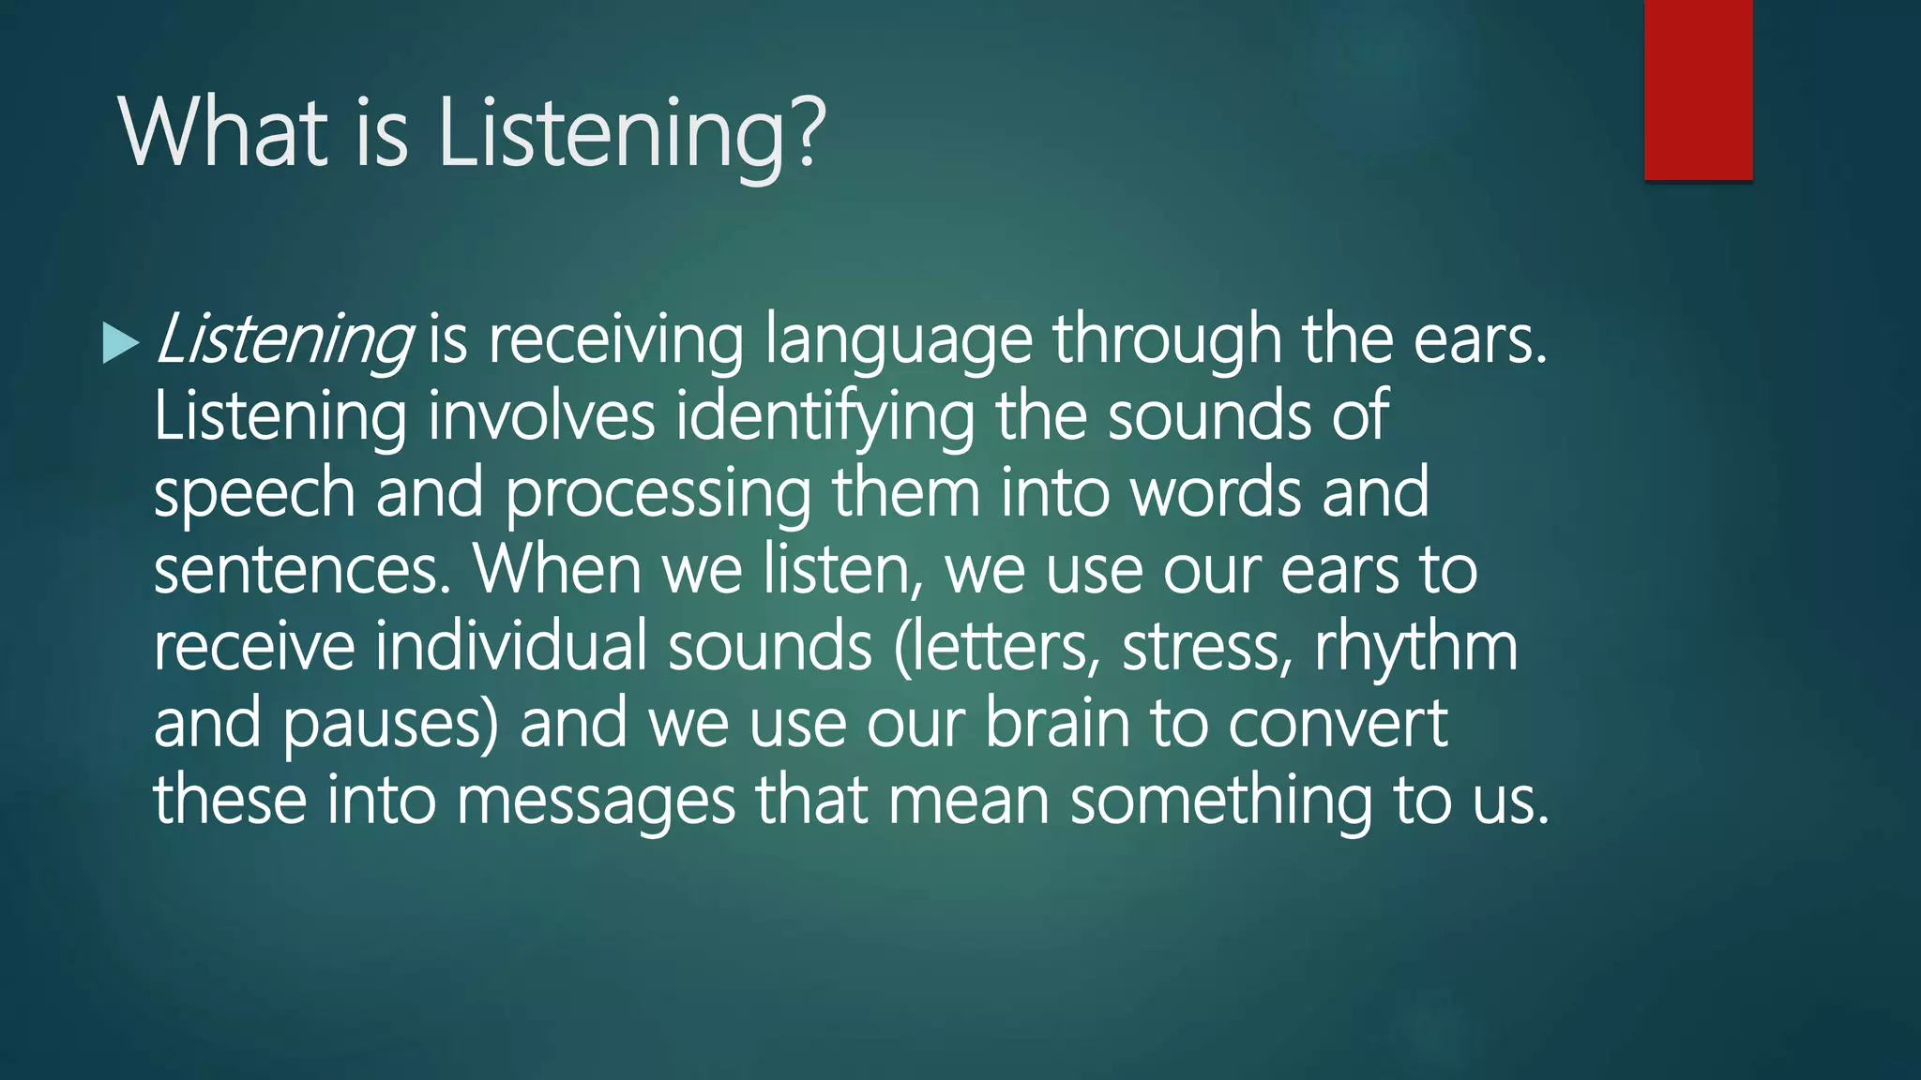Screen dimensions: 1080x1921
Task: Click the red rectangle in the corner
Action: tap(1698, 90)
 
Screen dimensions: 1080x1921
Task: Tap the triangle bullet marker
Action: tap(119, 343)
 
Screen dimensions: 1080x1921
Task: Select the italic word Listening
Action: tap(282, 339)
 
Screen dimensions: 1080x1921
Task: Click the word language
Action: tap(898, 341)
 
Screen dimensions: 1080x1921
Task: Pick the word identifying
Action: tap(824, 418)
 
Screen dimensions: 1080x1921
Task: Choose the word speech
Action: tap(253, 495)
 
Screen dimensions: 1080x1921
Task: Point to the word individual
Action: tap(511, 647)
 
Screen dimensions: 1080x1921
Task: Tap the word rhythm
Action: tap(1415, 647)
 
